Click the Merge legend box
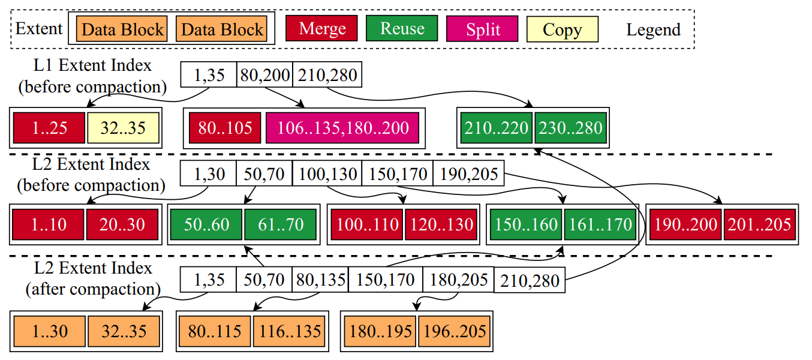point(323,29)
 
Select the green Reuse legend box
point(402,29)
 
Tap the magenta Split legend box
point(483,29)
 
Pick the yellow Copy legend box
point(562,29)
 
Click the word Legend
point(653,29)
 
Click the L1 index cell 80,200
point(264,76)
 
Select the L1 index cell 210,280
point(327,76)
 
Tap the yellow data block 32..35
point(124,128)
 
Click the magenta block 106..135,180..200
point(342,128)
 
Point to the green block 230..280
point(570,128)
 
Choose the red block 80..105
point(225,128)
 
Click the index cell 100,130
point(327,175)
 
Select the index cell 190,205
point(469,175)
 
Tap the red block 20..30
point(122,224)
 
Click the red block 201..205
point(759,224)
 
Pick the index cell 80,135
point(320,280)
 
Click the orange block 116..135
point(290,331)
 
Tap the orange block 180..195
point(380,331)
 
